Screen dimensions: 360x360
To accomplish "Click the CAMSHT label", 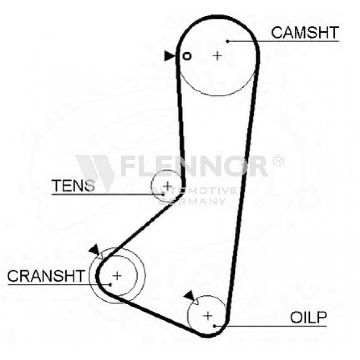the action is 305,32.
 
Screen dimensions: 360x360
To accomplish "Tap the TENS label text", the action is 73,185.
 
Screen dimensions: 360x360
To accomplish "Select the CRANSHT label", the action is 46,276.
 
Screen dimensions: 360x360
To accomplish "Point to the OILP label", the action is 308,318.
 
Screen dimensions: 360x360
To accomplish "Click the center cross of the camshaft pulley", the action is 217,56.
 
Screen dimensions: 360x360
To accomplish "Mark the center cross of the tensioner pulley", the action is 167,185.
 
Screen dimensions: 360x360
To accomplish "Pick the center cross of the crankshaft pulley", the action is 117,275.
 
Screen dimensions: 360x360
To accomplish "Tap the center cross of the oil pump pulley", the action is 208,316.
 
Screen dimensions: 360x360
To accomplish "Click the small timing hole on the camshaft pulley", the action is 186,56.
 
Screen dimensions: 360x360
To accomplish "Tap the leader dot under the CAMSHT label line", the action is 228,41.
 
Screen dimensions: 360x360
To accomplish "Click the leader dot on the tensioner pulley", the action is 163,194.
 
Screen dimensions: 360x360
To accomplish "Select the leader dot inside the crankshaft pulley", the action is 111,285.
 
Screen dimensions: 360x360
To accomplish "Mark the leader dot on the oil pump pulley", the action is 214,326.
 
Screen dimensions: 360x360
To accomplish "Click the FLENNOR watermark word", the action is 194,166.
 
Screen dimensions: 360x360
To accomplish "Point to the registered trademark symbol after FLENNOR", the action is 278,161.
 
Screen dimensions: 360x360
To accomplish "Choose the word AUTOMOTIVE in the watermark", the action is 193,190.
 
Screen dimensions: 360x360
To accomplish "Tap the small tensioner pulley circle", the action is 151,185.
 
